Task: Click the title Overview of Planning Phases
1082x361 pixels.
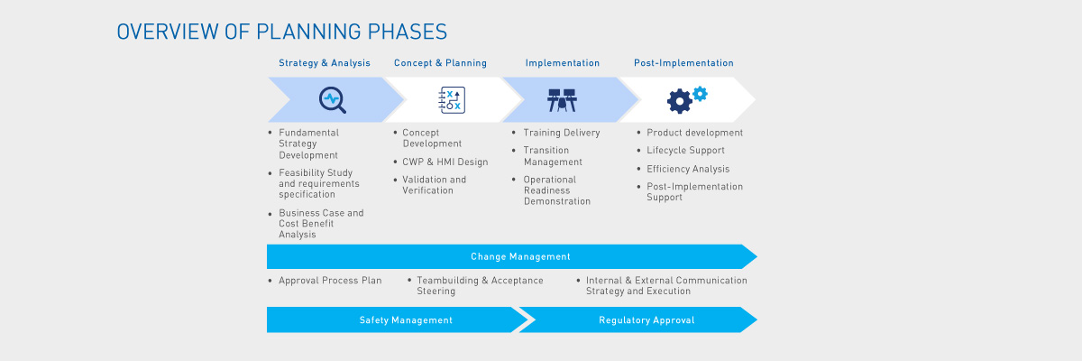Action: point(281,32)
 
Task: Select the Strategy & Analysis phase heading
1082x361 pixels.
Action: point(324,63)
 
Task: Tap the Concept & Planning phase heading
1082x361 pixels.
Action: point(440,63)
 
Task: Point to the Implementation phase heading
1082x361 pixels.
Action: point(563,63)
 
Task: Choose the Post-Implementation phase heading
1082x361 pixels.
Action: point(683,63)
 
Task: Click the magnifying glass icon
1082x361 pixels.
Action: point(332,99)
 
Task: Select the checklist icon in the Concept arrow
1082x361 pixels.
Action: point(450,100)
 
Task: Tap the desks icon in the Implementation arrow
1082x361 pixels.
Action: point(562,100)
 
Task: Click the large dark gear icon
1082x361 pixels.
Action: point(679,101)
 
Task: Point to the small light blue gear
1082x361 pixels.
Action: point(700,93)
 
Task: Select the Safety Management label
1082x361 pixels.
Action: point(406,320)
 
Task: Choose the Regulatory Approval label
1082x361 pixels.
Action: point(646,320)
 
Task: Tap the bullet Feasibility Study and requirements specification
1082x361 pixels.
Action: point(318,183)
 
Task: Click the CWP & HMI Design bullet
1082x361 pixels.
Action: point(445,162)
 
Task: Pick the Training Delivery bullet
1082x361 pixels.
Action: point(561,133)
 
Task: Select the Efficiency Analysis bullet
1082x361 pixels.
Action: point(688,169)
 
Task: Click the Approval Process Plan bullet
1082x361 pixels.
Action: point(329,281)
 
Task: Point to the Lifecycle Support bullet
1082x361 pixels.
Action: point(685,151)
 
